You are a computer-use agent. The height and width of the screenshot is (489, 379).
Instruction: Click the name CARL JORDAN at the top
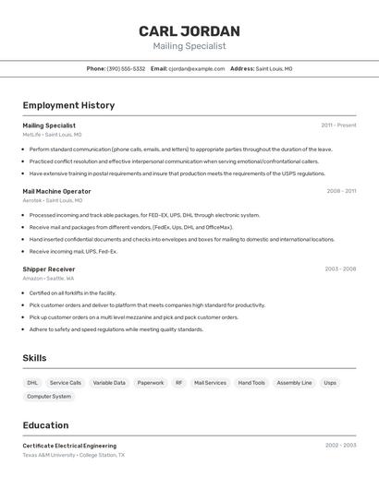tap(189, 31)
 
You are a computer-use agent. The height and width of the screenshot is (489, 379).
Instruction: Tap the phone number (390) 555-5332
tap(127, 68)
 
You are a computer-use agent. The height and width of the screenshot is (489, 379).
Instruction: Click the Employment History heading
tap(68, 105)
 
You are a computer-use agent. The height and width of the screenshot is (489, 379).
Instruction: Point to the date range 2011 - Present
tap(338, 125)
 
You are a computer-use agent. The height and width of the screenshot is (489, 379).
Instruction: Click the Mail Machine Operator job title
tap(56, 191)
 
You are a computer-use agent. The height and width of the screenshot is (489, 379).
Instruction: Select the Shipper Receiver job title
tap(49, 269)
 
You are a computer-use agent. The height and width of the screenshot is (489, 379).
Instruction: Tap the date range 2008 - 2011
tap(340, 191)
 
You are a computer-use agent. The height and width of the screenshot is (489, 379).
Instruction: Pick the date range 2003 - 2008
tap(340, 269)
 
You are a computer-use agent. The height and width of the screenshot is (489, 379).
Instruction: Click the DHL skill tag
tap(32, 382)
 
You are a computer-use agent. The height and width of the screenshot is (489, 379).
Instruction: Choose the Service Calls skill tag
tap(66, 382)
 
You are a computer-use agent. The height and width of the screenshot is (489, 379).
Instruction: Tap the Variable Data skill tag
tap(109, 382)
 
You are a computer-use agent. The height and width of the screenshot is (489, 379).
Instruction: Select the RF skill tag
tap(179, 382)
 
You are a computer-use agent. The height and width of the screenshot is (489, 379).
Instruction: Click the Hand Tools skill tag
tap(251, 382)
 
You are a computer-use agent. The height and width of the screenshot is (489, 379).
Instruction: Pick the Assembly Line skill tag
tap(294, 382)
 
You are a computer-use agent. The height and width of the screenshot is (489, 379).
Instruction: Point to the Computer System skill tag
tap(49, 397)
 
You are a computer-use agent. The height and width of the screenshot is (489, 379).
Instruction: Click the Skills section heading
tap(34, 358)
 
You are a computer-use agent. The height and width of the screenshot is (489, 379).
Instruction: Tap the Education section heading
tap(45, 425)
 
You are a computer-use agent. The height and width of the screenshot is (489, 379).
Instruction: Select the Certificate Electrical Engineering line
tap(69, 446)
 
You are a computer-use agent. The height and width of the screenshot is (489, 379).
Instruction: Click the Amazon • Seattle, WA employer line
tap(48, 278)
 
